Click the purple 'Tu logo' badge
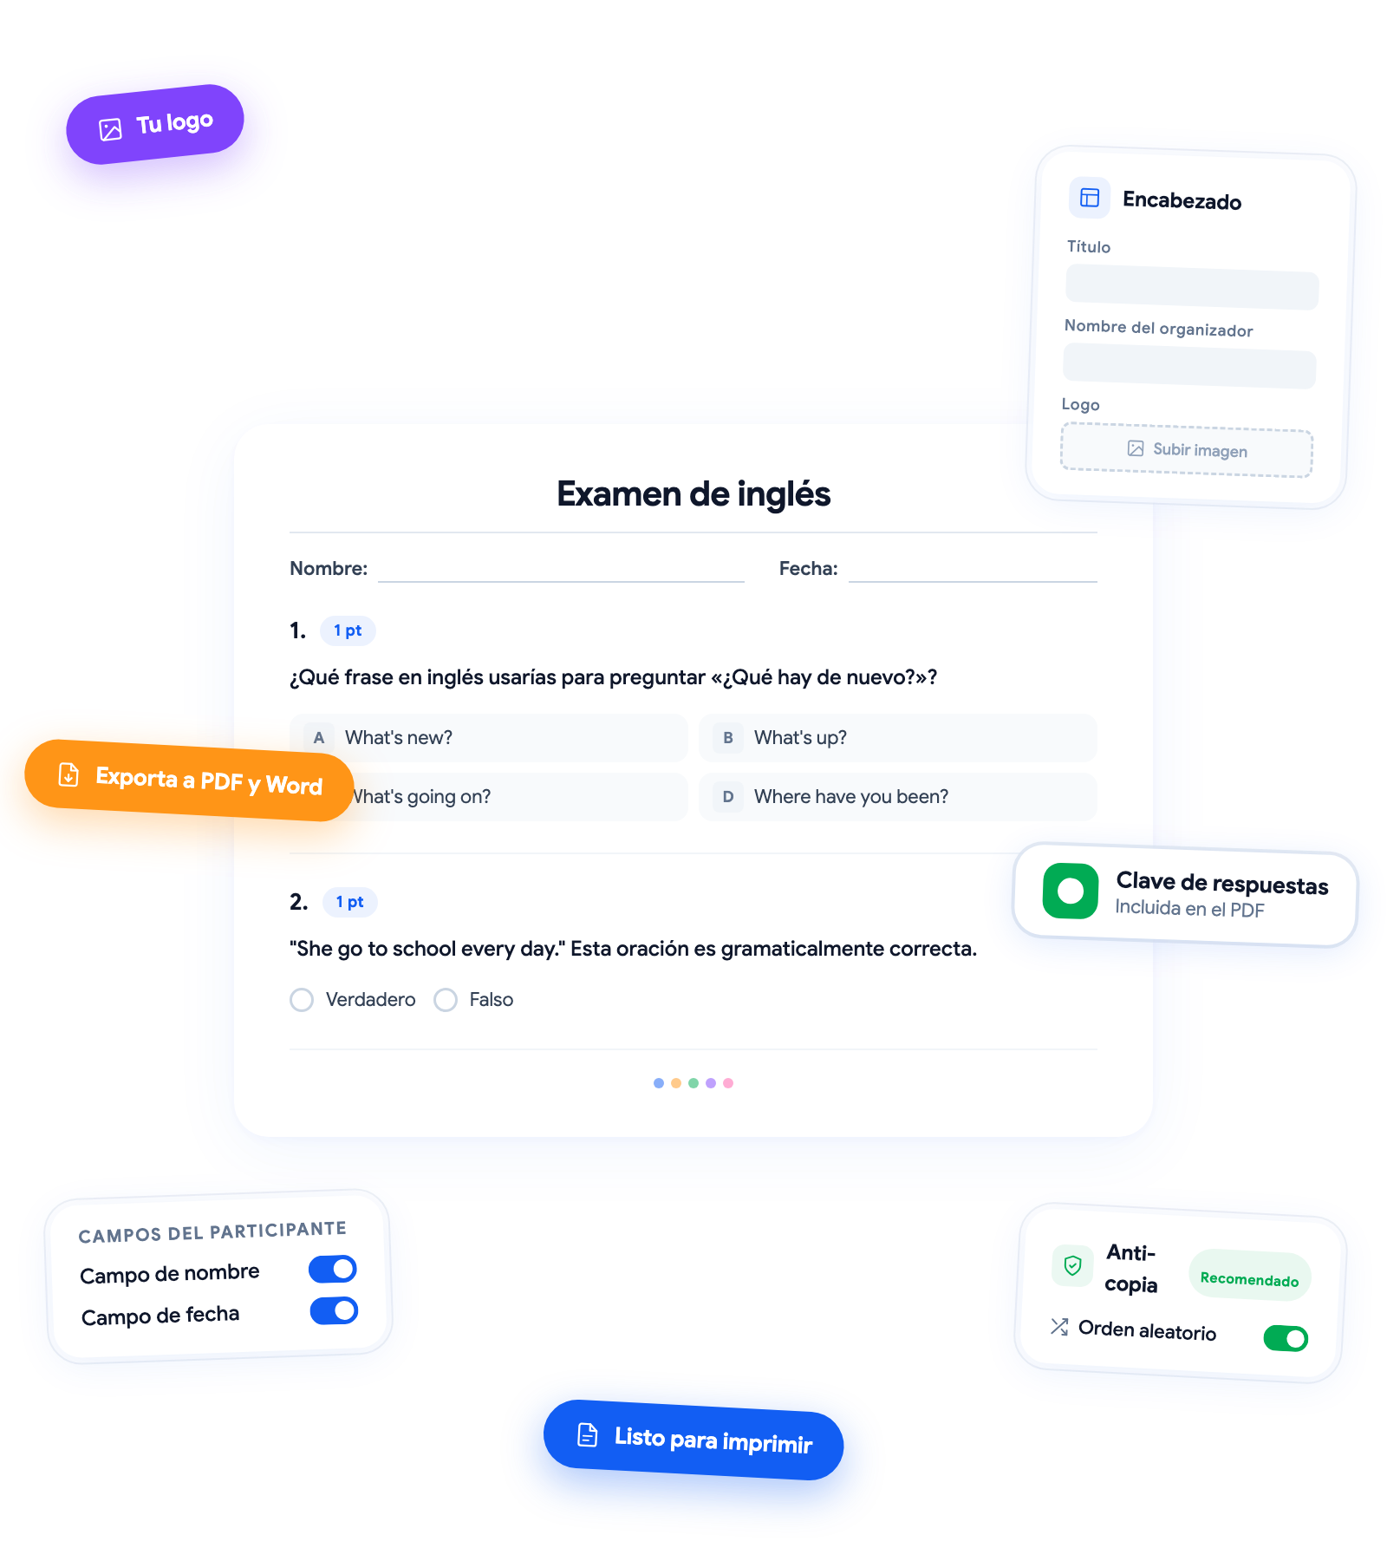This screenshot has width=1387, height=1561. click(155, 124)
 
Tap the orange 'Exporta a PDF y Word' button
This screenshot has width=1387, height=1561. click(189, 780)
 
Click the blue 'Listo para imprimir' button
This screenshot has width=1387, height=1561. click(693, 1440)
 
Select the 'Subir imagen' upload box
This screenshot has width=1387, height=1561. click(1187, 449)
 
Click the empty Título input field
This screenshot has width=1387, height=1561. click(1192, 288)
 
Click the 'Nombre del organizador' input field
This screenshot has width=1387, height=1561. click(1189, 365)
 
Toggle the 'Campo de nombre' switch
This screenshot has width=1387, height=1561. click(333, 1269)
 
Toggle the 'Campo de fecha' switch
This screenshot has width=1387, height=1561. click(335, 1310)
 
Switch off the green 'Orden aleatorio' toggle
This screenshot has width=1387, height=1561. click(1286, 1338)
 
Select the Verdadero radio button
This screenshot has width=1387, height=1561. click(302, 1000)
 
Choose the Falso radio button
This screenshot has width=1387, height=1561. click(446, 1000)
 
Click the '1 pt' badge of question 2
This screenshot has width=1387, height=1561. click(350, 902)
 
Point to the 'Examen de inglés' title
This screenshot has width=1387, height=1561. click(693, 493)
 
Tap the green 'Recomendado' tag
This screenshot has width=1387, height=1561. click(1249, 1277)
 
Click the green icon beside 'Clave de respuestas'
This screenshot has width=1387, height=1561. click(1071, 891)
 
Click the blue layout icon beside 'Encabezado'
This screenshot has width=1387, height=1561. click(1090, 198)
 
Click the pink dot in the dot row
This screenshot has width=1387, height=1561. click(728, 1083)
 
